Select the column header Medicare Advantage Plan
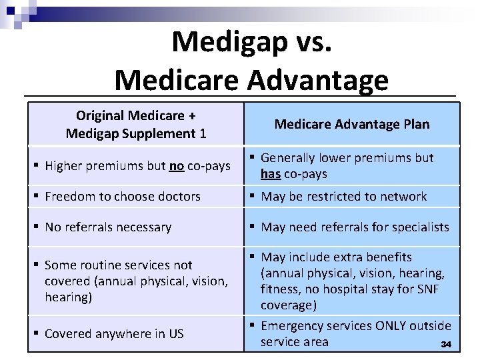[x=352, y=124]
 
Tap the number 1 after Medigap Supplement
[x=203, y=133]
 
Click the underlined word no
[x=176, y=165]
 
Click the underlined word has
[x=271, y=174]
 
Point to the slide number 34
[x=446, y=345]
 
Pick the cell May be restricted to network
[x=343, y=196]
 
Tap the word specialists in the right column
[x=421, y=227]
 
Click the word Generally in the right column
[x=288, y=158]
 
